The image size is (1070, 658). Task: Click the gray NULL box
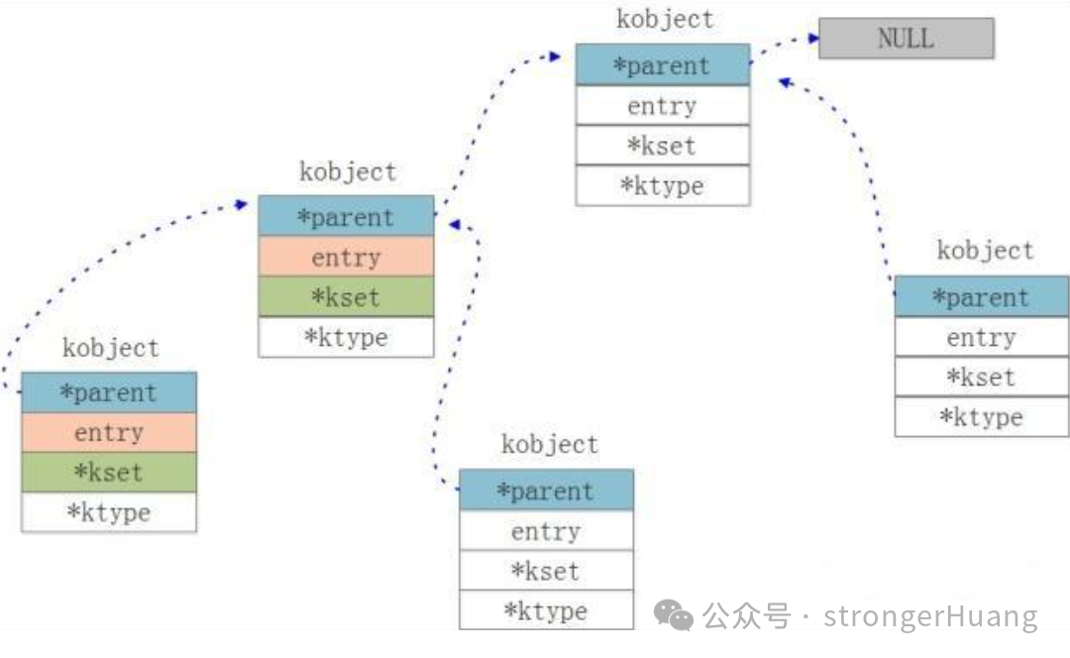pos(906,39)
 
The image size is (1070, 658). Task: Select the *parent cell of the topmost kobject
pos(662,65)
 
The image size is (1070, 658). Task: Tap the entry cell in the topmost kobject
pos(662,106)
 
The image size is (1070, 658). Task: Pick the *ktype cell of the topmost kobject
pos(662,185)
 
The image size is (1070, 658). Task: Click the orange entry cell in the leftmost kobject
pos(109,433)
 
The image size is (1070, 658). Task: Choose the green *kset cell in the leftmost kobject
pos(109,473)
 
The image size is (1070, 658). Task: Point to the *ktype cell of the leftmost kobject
pos(109,512)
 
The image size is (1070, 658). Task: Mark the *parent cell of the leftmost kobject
pos(109,392)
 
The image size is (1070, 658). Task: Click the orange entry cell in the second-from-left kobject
pos(346,258)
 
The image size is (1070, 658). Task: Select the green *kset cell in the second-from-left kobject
pos(346,297)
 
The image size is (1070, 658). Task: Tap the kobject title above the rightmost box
pos(985,251)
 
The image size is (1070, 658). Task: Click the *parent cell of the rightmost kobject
pos(981,297)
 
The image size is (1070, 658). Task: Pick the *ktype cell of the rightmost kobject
pos(981,417)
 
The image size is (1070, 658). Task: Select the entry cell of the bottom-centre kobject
pos(546,531)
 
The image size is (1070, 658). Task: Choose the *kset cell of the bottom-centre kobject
pos(546,571)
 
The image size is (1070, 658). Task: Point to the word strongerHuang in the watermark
pos(930,617)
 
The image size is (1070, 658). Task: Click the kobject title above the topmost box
pos(665,20)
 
